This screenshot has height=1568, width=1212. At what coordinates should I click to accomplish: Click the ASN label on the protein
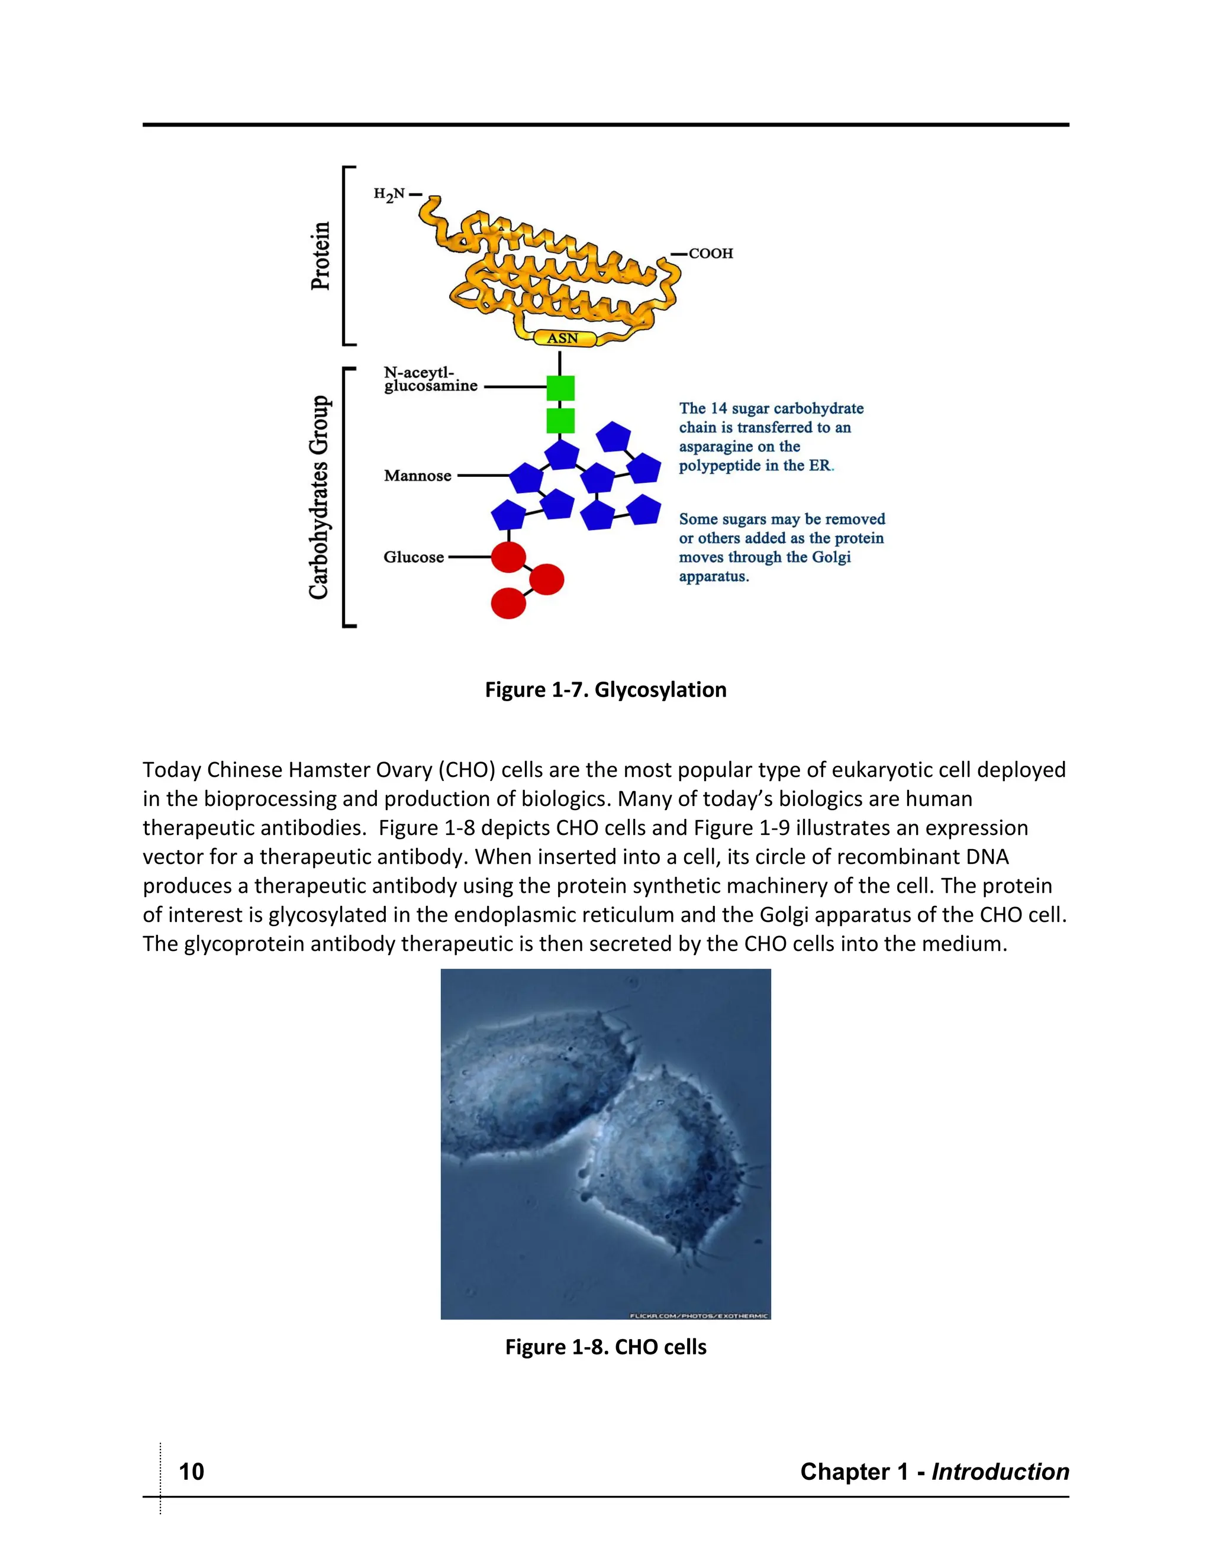pyautogui.click(x=563, y=338)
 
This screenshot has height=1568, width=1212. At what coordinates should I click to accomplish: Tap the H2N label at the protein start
pyautogui.click(x=390, y=194)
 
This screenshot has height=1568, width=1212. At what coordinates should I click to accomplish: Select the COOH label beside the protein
pyautogui.click(x=710, y=253)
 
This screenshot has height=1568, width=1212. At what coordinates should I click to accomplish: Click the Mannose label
pyautogui.click(x=417, y=476)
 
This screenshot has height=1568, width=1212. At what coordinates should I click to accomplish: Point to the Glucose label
pyautogui.click(x=414, y=557)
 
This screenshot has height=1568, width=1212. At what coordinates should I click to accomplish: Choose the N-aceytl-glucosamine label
pyautogui.click(x=430, y=379)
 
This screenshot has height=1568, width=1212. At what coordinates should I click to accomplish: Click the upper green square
pyautogui.click(x=560, y=388)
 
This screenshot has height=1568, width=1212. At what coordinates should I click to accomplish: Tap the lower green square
pyautogui.click(x=560, y=421)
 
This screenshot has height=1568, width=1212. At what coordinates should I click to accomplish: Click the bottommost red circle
pyautogui.click(x=508, y=603)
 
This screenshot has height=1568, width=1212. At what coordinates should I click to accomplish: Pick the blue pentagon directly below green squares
pyautogui.click(x=562, y=454)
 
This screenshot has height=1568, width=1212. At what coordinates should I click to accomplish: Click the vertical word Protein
pyautogui.click(x=320, y=256)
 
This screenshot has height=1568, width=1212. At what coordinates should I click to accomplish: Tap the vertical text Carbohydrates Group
pyautogui.click(x=319, y=497)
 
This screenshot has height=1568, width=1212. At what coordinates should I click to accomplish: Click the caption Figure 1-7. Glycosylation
pyautogui.click(x=605, y=690)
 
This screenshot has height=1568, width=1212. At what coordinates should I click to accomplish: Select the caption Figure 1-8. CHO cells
pyautogui.click(x=605, y=1347)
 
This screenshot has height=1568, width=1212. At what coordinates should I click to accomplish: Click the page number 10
pyautogui.click(x=191, y=1472)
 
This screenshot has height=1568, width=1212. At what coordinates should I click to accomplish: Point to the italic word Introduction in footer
pyautogui.click(x=1000, y=1472)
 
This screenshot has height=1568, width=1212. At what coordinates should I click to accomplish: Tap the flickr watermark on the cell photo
pyautogui.click(x=699, y=1315)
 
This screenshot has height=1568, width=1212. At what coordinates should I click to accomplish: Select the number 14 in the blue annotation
pyautogui.click(x=718, y=408)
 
